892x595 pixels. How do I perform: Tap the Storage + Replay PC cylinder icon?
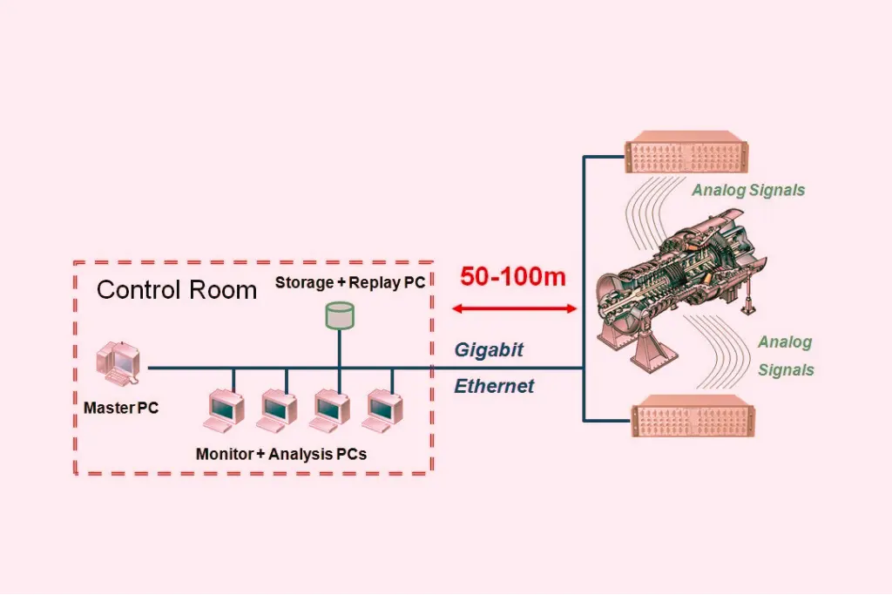[x=340, y=314]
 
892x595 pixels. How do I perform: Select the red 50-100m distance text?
[x=513, y=277]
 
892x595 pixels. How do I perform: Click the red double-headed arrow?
[x=517, y=308]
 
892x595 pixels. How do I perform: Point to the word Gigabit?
[x=489, y=350]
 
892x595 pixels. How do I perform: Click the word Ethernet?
[x=494, y=386]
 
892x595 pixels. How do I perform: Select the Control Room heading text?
[x=177, y=290]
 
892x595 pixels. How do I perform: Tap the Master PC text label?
[x=121, y=408]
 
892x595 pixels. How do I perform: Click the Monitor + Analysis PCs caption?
[x=281, y=454]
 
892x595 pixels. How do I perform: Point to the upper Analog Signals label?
[x=748, y=190]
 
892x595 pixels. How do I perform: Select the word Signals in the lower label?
[x=786, y=370]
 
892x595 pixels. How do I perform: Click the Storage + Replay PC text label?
[x=350, y=283]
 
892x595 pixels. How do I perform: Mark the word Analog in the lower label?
[x=785, y=342]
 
